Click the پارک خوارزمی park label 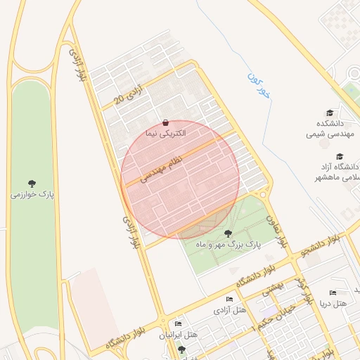pos(32,193)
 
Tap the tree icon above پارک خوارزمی pos(32,183)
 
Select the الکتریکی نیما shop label pos(165,132)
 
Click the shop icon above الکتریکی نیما pos(165,122)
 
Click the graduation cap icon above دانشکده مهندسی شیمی pos(329,112)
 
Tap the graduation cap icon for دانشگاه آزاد pos(340,156)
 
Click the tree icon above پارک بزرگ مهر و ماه pos(227,233)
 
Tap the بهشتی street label pos(271,289)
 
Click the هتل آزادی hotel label pos(230,310)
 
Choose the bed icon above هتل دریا pos(333,292)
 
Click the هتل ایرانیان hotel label pos(178,335)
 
